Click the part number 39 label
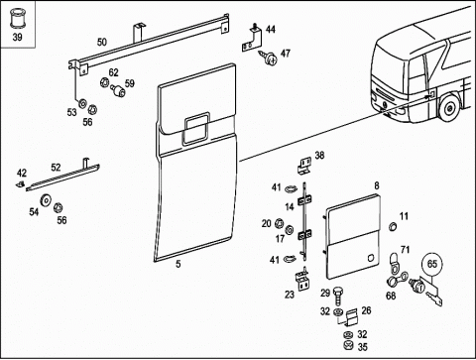[x=17, y=37]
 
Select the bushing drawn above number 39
[x=17, y=19]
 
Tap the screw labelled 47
[x=268, y=58]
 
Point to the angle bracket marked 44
[x=252, y=39]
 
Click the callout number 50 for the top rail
[x=102, y=42]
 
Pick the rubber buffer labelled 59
[x=118, y=90]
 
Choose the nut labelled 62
[x=104, y=82]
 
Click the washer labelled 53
[x=81, y=104]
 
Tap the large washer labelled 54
[x=45, y=200]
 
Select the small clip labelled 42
[x=21, y=183]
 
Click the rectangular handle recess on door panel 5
[x=196, y=128]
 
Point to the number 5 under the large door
[x=178, y=264]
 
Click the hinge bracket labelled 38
[x=305, y=166]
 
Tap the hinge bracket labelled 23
[x=302, y=281]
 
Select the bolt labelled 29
[x=337, y=296]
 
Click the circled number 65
[x=432, y=264]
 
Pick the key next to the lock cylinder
[x=432, y=297]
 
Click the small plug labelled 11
[x=393, y=226]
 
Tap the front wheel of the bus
[x=449, y=107]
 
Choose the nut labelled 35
[x=347, y=346]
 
